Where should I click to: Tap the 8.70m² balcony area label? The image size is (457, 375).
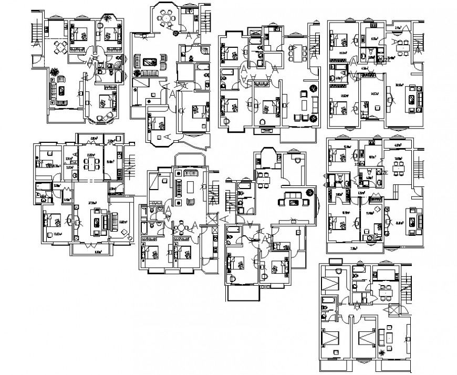point(98,252)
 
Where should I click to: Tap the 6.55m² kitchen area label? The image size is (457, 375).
point(375,38)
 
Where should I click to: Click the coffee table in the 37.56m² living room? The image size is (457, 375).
point(97,220)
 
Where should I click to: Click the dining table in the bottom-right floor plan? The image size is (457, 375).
point(386,293)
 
